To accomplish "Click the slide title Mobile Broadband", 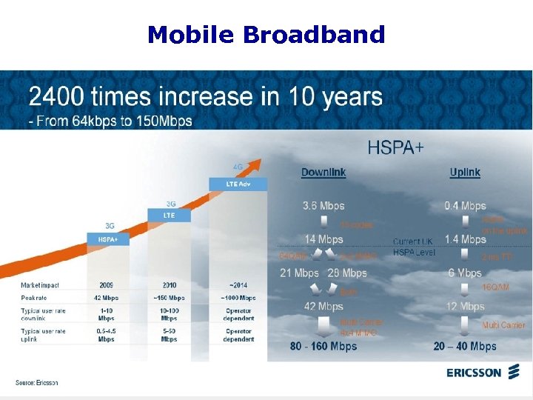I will (x=266, y=34).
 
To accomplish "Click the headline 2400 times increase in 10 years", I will (x=206, y=97).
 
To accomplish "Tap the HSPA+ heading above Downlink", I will (x=396, y=147).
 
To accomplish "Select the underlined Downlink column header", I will (x=324, y=173).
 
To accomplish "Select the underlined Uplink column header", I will (x=465, y=173).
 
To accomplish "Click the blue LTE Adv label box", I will (x=229, y=183).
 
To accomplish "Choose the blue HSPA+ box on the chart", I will (x=109, y=239).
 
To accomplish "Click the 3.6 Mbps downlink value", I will (x=324, y=206).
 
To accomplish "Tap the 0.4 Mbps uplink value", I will (x=465, y=206).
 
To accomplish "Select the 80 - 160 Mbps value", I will (x=324, y=346).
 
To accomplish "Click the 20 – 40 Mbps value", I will (x=465, y=346).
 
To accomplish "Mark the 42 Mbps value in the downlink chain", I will (x=324, y=306).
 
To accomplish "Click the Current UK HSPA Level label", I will (x=415, y=247).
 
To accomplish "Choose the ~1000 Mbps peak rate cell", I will (x=238, y=298).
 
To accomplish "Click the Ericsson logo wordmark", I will (x=474, y=373).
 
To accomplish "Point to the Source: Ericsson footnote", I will (x=37, y=382).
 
